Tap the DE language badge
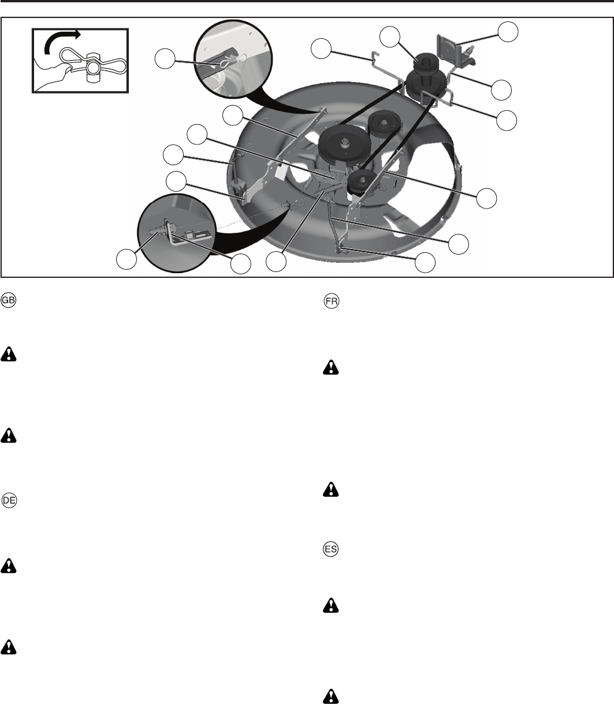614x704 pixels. tap(9, 500)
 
